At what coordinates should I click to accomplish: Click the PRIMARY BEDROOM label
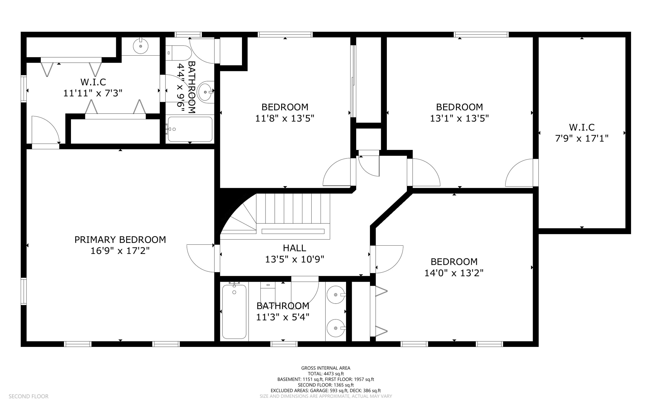tap(120, 240)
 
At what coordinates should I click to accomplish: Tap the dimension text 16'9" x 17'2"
tap(120, 251)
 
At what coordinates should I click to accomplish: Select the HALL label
tap(294, 248)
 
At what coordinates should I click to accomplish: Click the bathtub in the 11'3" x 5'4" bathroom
tap(234, 312)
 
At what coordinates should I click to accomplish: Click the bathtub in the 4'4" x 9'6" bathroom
tap(190, 129)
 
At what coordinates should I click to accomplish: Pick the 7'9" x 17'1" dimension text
tap(582, 139)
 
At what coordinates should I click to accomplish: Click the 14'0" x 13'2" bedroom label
tap(454, 262)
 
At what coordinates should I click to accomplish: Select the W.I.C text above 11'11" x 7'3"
tap(93, 82)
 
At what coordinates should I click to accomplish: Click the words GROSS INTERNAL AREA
tap(325, 368)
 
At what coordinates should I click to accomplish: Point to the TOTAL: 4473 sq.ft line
tap(325, 374)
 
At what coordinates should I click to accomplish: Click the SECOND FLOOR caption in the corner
tap(28, 396)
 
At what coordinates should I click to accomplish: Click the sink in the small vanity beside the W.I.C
tap(141, 46)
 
